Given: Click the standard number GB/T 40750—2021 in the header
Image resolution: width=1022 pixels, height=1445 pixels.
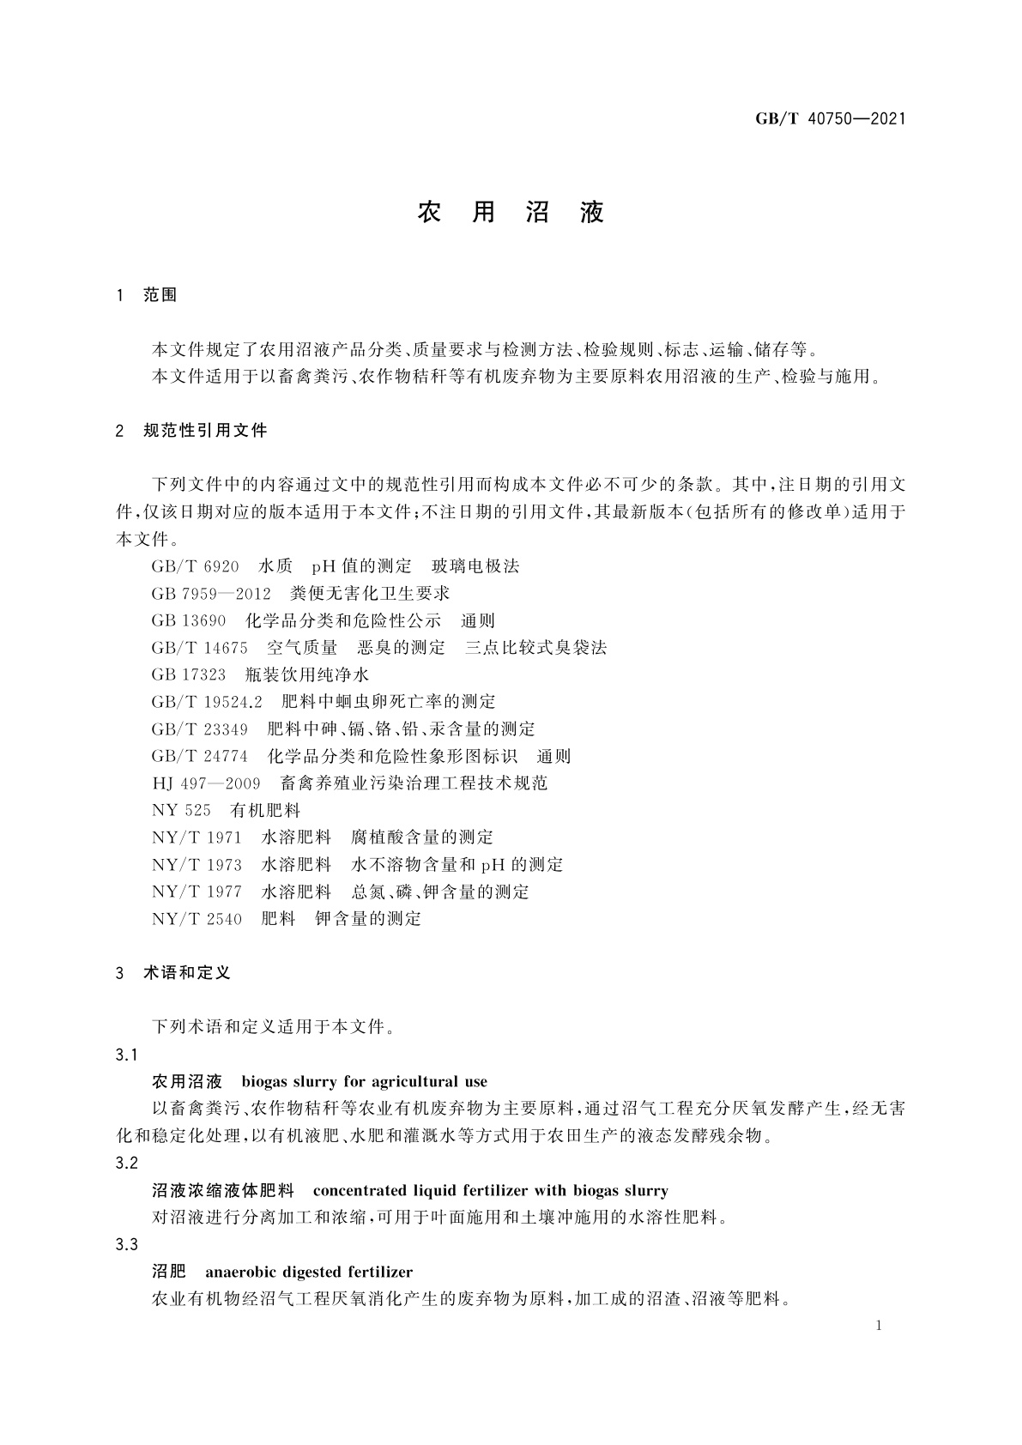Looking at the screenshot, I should tap(830, 119).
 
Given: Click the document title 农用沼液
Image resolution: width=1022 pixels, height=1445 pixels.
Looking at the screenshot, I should tap(511, 213).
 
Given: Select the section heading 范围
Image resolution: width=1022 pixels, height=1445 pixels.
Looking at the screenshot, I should tap(160, 295).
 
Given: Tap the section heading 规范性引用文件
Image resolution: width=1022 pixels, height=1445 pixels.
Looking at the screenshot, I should tap(205, 431).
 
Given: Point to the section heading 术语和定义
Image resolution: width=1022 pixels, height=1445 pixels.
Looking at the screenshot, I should tap(187, 972).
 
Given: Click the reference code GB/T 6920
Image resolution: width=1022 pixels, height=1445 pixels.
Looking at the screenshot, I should tap(195, 566).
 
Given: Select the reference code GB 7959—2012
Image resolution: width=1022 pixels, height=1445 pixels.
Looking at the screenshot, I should tap(211, 594).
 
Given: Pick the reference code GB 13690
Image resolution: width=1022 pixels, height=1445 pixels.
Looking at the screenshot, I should tap(189, 620).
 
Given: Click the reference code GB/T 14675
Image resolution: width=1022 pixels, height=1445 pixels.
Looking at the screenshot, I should tap(199, 648).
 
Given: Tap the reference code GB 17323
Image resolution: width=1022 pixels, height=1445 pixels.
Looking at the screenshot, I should tap(189, 674).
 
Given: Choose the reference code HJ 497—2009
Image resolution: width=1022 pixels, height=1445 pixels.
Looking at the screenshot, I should tap(206, 783).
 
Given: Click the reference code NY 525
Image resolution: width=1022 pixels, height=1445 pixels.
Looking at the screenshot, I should tap(181, 810).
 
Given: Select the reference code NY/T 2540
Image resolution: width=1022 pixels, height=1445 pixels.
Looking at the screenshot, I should tap(197, 919).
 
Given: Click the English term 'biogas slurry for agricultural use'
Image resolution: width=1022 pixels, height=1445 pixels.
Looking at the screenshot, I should tap(364, 1081).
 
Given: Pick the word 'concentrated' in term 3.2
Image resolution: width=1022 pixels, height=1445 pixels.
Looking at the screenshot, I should tap(360, 1190).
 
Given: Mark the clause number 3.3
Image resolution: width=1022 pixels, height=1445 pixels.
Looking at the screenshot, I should tap(127, 1244).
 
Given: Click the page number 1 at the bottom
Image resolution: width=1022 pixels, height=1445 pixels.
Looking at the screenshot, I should tap(880, 1326).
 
